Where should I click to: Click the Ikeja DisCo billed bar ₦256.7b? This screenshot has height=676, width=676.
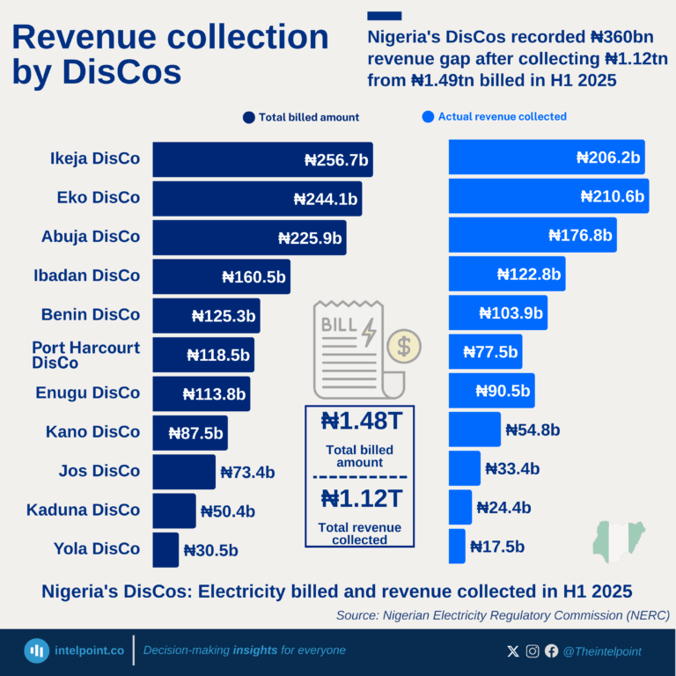coord(262,159)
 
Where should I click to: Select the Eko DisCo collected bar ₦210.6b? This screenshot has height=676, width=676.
coord(548,195)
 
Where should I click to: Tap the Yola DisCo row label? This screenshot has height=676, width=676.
coord(96,548)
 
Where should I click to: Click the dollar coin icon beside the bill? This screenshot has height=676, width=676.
coord(403,346)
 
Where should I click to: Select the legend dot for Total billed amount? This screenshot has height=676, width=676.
coord(248,117)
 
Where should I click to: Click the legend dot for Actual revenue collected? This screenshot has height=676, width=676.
coord(428,116)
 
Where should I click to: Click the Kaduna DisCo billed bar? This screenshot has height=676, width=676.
coord(174,511)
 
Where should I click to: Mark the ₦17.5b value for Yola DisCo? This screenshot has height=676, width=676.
coord(497,547)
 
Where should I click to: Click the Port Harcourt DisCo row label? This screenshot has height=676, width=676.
coord(85,355)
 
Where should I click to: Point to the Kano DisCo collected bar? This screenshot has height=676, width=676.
coord(474,430)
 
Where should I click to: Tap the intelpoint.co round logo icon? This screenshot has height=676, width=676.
coord(36,650)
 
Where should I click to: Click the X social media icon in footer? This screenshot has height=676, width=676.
coord(513,651)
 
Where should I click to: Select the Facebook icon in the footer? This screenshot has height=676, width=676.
coord(551,651)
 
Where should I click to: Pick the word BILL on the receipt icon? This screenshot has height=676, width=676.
coord(340,324)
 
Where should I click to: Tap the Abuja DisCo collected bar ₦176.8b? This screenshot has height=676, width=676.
coord(532,235)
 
